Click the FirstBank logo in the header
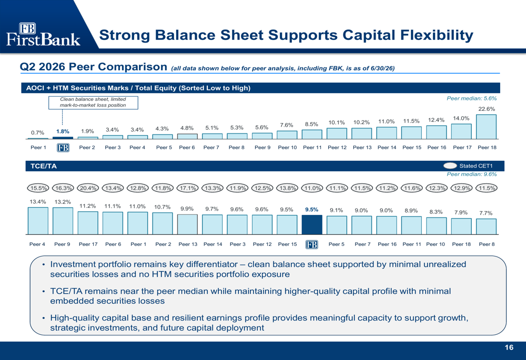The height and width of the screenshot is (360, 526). coord(43,35)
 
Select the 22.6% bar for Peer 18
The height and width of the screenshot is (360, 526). coord(486,127)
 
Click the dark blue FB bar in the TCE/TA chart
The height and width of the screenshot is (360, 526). coord(311,224)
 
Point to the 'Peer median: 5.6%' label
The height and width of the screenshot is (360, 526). coord(471,98)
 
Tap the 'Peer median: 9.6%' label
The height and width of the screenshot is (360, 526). coord(471,174)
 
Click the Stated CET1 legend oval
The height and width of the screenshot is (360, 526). coord(450,166)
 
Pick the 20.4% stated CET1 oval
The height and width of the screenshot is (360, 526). coord(88,188)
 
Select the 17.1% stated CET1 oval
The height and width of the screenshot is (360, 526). coord(188,188)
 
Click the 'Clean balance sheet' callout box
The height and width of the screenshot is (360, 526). coord(93,102)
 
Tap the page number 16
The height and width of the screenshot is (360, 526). coord(509,347)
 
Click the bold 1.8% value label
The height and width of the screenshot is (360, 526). coord(63,131)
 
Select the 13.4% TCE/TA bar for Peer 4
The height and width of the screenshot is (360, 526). coord(38,221)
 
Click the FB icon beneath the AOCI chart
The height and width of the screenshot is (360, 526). coord(63,148)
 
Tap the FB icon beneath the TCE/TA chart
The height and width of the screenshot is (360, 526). coord(311,244)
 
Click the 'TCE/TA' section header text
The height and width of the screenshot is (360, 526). coord(43,166)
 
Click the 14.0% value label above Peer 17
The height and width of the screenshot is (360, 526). coord(461,118)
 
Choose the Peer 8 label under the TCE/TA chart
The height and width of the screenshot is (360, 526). coord(487,244)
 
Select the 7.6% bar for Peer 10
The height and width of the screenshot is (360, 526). coord(287,135)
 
